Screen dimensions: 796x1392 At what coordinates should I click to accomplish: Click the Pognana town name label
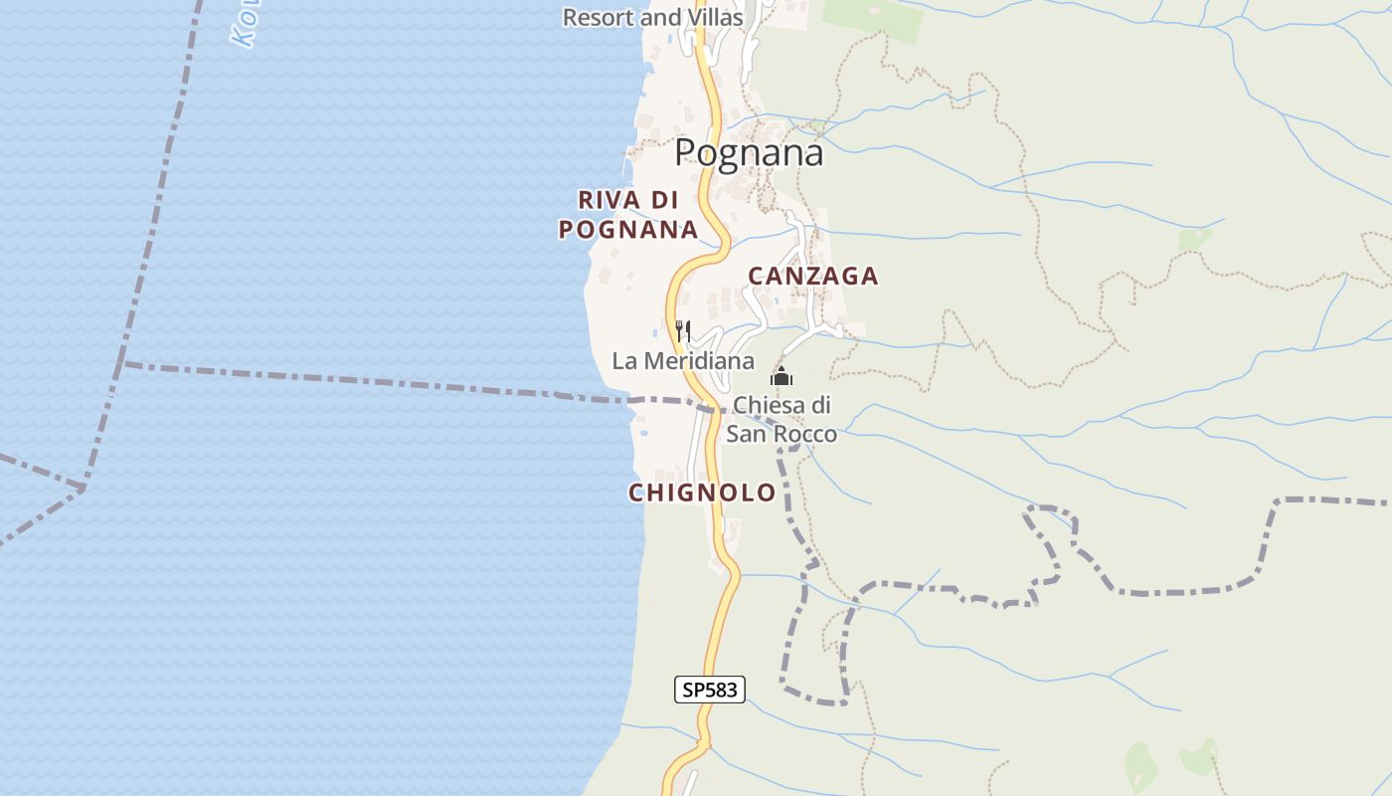(749, 153)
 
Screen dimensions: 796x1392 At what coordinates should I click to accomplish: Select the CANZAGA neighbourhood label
(812, 277)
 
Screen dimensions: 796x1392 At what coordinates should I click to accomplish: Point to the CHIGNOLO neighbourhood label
(701, 493)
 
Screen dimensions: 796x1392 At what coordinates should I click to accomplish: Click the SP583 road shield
(710, 689)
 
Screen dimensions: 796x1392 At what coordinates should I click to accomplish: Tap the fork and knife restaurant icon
(683, 330)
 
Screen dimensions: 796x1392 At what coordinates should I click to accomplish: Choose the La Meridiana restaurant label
(683, 361)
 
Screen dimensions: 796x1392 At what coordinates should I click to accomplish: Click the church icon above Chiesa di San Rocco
(782, 377)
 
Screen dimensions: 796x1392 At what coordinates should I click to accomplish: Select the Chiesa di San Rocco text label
(782, 420)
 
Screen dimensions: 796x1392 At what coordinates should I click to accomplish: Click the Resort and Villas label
(652, 17)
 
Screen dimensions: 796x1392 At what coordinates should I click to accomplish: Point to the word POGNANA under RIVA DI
(628, 230)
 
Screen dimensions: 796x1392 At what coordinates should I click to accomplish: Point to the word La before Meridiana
(623, 361)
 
